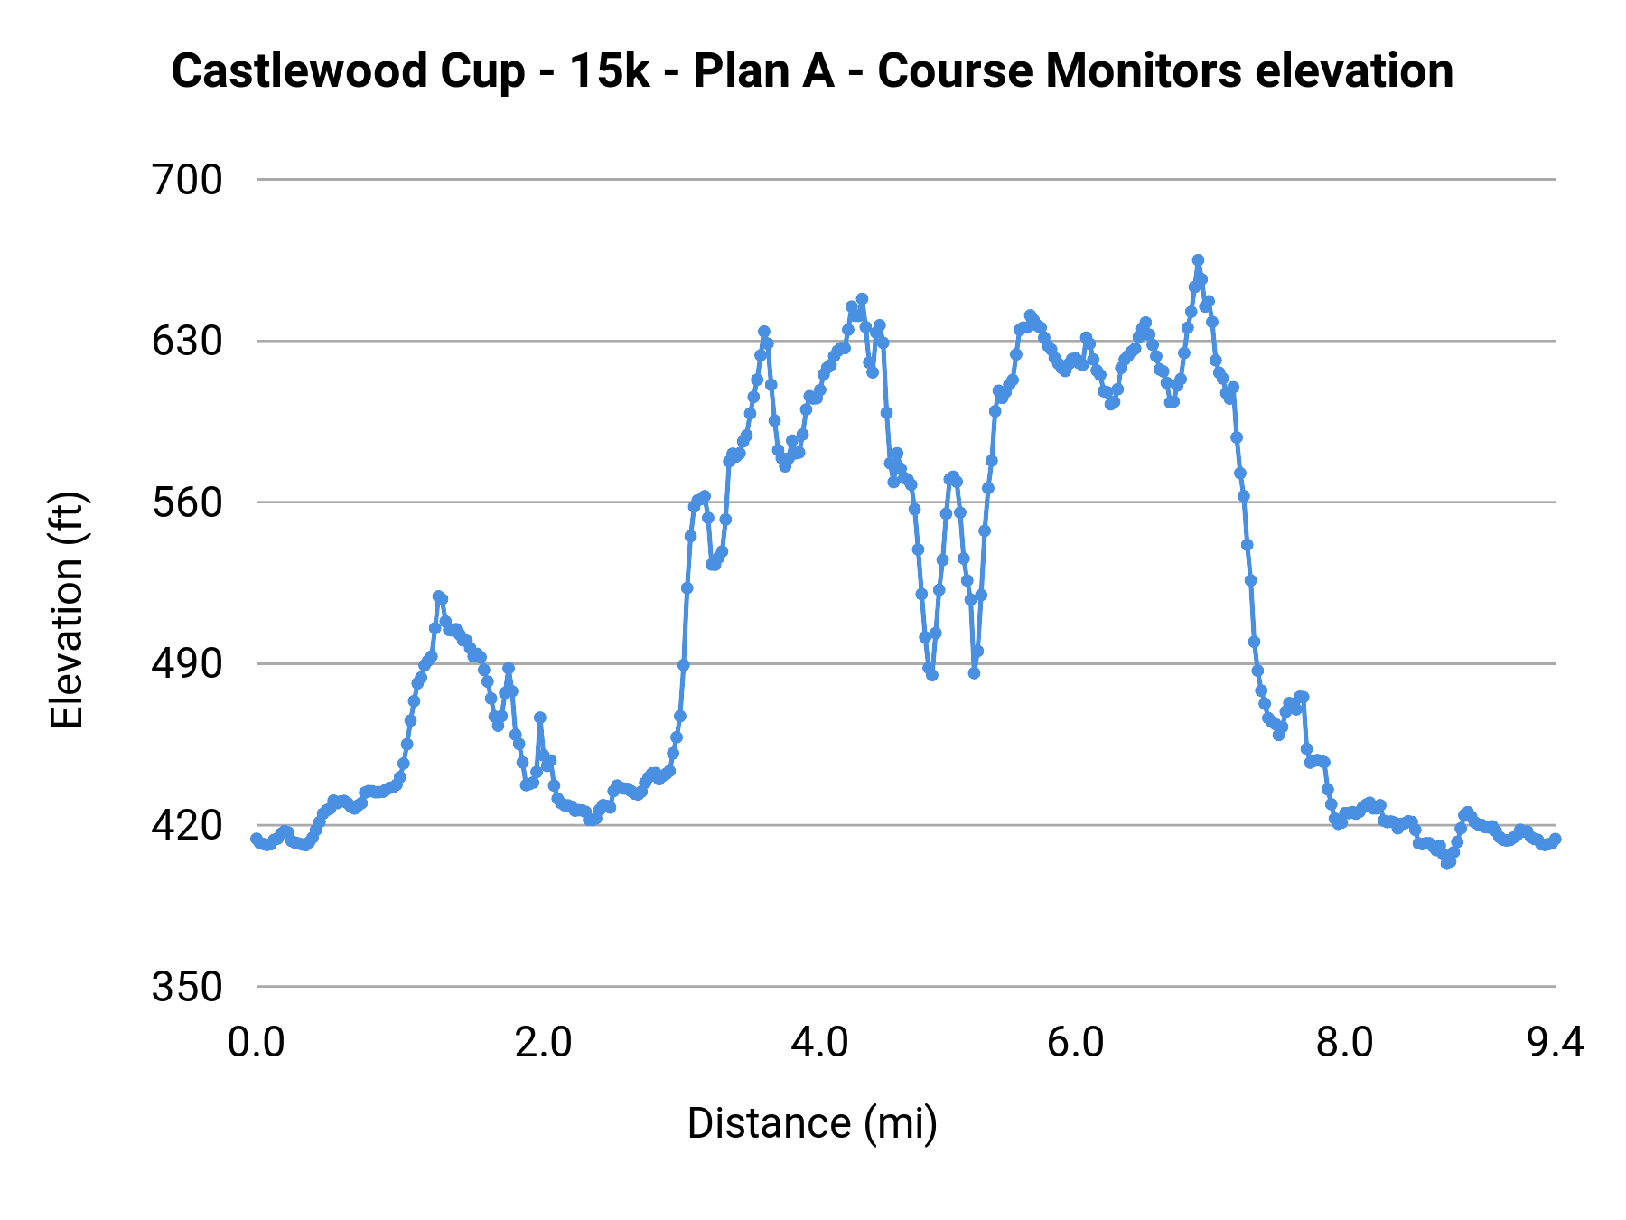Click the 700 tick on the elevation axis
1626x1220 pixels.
pos(187,181)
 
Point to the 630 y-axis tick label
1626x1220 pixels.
pos(187,342)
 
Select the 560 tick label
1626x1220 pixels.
pos(187,503)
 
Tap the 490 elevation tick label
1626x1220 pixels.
pos(187,664)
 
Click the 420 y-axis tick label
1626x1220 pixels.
pos(187,825)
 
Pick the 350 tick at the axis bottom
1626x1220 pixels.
pos(187,987)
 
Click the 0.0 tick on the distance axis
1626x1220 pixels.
pos(257,1043)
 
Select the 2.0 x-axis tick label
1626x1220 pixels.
pos(543,1043)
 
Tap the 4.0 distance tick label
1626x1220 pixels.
pos(819,1043)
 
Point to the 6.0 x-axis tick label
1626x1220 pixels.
pos(1076,1043)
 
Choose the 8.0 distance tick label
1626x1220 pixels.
pos(1344,1043)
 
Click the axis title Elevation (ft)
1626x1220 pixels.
pos(67,610)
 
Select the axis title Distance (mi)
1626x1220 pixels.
pos(812,1123)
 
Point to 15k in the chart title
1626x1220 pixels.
pos(610,70)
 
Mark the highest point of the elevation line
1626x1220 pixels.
pos(1198,260)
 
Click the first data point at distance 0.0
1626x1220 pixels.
pos(257,839)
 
